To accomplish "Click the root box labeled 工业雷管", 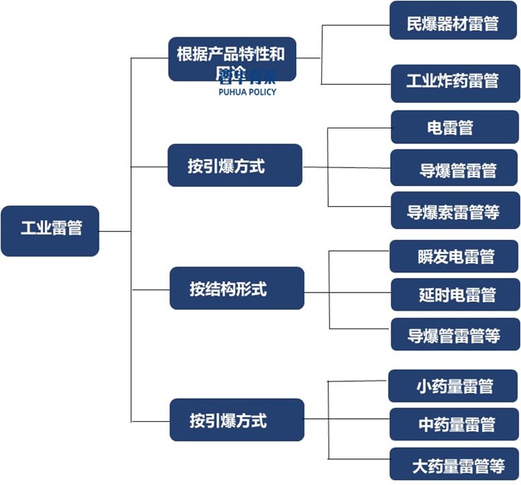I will coord(50,230).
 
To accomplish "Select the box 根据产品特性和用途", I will coord(232,58).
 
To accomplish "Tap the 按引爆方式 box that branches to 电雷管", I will coord(234,166).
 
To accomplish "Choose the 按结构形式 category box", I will coord(236,289).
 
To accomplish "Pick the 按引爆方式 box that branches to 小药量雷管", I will coord(236,420).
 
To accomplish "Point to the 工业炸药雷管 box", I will coord(454,82).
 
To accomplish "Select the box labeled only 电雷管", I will coord(454,127).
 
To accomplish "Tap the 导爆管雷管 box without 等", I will coord(454,170).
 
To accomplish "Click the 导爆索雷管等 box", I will coord(454,211).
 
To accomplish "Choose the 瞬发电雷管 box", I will coord(454,255).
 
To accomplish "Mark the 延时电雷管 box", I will coord(454,295).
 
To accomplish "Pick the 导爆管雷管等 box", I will coord(454,336).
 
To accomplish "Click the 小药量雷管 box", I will coord(454,385).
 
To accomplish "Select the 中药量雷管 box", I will coord(454,424).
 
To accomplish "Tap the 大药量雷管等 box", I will coord(454,465).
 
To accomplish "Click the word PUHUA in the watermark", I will coord(233,92).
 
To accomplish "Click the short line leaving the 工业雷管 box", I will coord(115,230).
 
